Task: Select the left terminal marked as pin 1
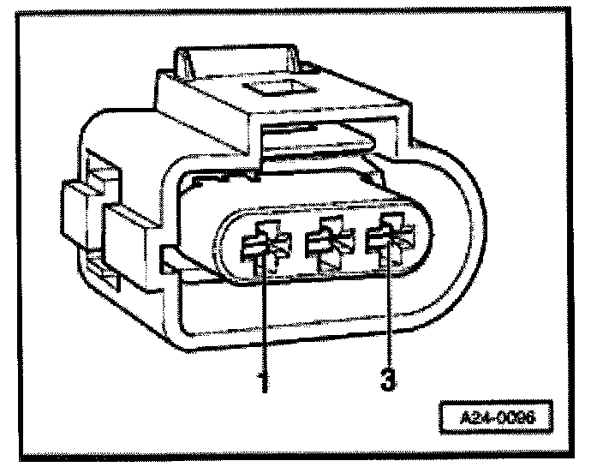(x=262, y=247)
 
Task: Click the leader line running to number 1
(x=264, y=317)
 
